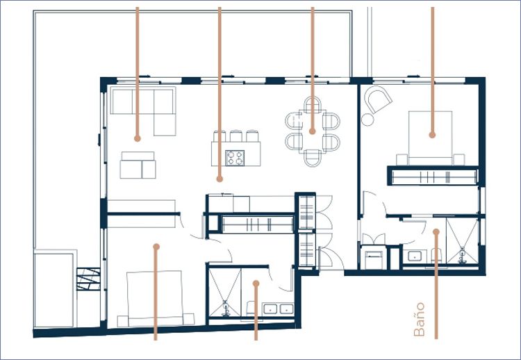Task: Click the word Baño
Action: click(420, 319)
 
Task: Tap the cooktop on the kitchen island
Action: click(235, 158)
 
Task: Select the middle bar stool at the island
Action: click(236, 136)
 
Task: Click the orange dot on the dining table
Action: click(313, 131)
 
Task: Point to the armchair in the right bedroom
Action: click(378, 99)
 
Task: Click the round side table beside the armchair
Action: click(367, 120)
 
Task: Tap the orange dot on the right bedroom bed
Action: click(432, 135)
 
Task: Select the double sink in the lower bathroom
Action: click(278, 309)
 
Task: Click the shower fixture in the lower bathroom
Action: click(226, 308)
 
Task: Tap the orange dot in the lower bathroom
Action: click(256, 284)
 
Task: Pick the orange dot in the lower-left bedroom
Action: click(156, 247)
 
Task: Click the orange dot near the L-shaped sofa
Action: click(138, 138)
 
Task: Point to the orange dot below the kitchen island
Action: click(220, 179)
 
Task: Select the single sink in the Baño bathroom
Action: click(415, 256)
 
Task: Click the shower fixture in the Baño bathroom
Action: click(462, 256)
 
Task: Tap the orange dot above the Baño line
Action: click(436, 231)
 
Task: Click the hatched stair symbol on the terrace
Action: click(88, 279)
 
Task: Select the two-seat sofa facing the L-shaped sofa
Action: click(138, 165)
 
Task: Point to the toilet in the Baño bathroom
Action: click(436, 256)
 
